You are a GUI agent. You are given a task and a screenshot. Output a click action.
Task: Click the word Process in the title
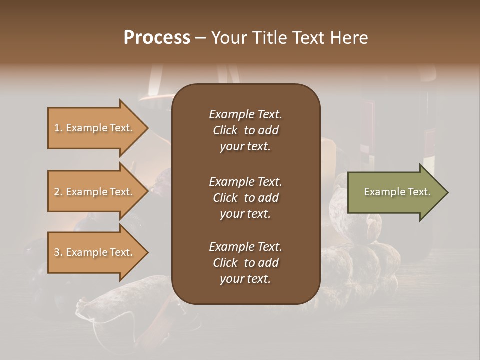click(x=157, y=38)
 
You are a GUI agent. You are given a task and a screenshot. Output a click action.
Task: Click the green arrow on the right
click(x=395, y=192)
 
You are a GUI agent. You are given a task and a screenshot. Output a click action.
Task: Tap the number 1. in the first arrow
click(x=58, y=128)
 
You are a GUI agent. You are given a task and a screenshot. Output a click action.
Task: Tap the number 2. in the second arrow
click(x=58, y=192)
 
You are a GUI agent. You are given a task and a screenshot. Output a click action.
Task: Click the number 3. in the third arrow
click(x=58, y=252)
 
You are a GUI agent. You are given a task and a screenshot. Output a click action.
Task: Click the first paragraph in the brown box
click(x=245, y=130)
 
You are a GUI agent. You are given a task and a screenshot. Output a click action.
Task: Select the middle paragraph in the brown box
click(x=245, y=198)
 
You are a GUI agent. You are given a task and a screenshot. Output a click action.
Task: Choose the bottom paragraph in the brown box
click(x=245, y=263)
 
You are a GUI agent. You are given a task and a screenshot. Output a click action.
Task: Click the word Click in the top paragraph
click(x=225, y=130)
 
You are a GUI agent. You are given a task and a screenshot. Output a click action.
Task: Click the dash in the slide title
click(x=200, y=38)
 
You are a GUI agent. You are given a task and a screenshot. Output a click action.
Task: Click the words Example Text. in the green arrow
click(x=397, y=192)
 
